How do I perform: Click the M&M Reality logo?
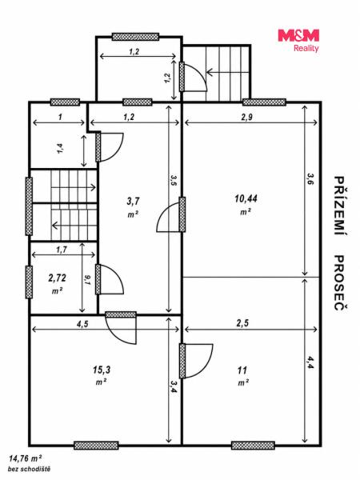click(x=298, y=41)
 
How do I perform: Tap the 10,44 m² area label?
click(x=246, y=204)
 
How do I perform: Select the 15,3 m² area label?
click(x=102, y=375)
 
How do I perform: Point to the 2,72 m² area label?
click(x=58, y=283)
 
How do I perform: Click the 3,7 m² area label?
click(x=133, y=207)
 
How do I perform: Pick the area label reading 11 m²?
click(x=242, y=376)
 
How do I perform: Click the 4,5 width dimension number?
click(x=82, y=323)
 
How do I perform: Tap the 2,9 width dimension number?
click(x=246, y=117)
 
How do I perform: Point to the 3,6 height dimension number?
click(x=310, y=179)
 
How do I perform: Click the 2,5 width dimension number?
click(x=242, y=323)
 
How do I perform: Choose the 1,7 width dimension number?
click(x=62, y=250)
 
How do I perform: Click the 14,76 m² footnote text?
click(x=26, y=458)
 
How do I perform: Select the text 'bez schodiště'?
click(x=29, y=469)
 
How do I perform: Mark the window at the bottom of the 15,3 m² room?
click(x=96, y=446)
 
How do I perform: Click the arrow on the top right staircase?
click(x=227, y=73)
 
